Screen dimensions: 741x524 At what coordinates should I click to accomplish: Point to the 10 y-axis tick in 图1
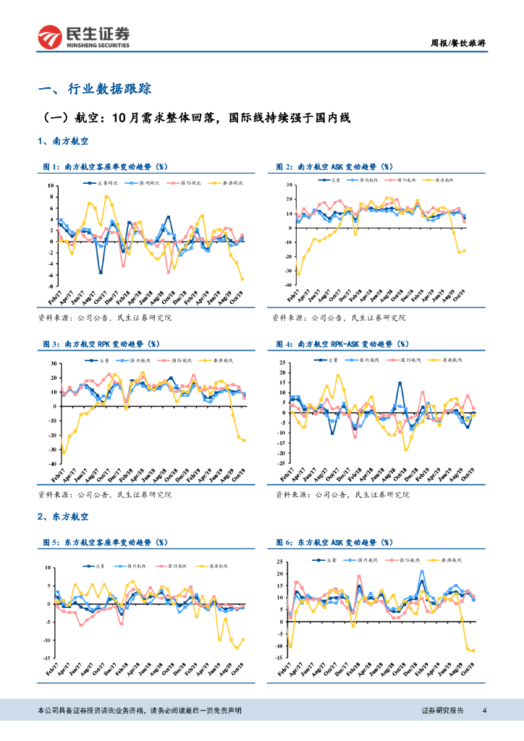pyautogui.click(x=51, y=186)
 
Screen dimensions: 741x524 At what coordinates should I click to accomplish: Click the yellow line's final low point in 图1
pyautogui.click(x=242, y=279)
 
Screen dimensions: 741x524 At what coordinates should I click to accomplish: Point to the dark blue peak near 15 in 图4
pyautogui.click(x=400, y=384)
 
